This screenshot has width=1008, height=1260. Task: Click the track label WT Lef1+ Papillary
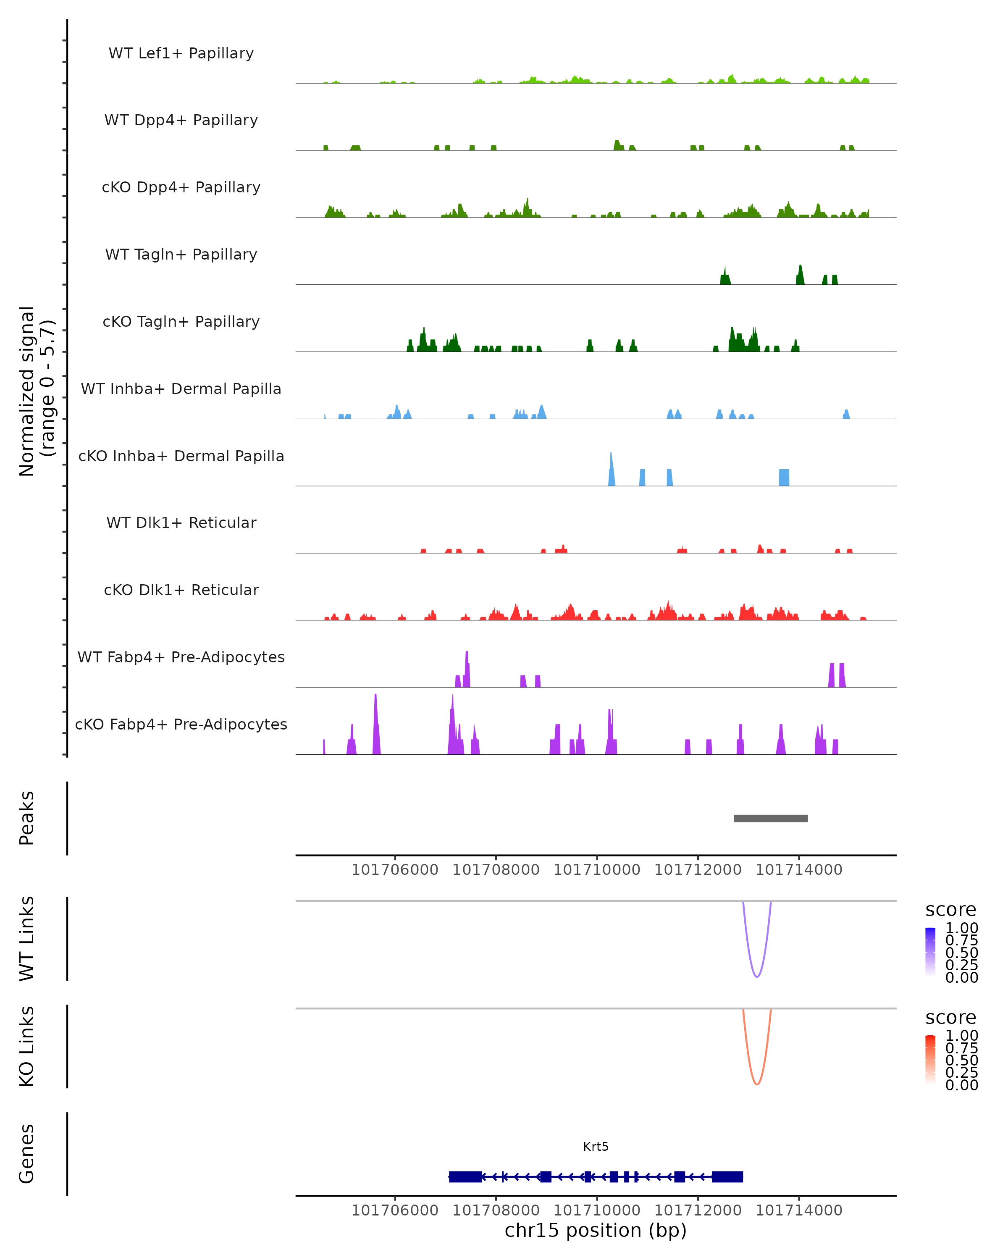click(181, 53)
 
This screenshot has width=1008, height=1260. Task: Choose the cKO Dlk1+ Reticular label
click(181, 590)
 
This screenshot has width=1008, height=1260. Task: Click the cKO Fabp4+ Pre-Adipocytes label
click(181, 724)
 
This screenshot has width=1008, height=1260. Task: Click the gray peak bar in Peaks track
click(770, 818)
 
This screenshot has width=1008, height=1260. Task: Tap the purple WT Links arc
click(757, 976)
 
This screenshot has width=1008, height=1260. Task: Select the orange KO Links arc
click(757, 1084)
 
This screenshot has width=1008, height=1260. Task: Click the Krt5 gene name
click(596, 1147)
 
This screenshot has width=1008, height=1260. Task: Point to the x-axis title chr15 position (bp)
click(596, 1230)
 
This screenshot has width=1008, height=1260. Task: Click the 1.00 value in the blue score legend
click(961, 928)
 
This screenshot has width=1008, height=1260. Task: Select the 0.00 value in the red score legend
click(961, 1085)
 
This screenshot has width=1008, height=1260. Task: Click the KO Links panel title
click(27, 1046)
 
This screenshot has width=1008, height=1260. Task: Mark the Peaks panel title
click(27, 818)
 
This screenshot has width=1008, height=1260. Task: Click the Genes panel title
click(27, 1154)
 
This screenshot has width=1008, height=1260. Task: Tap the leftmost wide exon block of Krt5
click(465, 1176)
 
